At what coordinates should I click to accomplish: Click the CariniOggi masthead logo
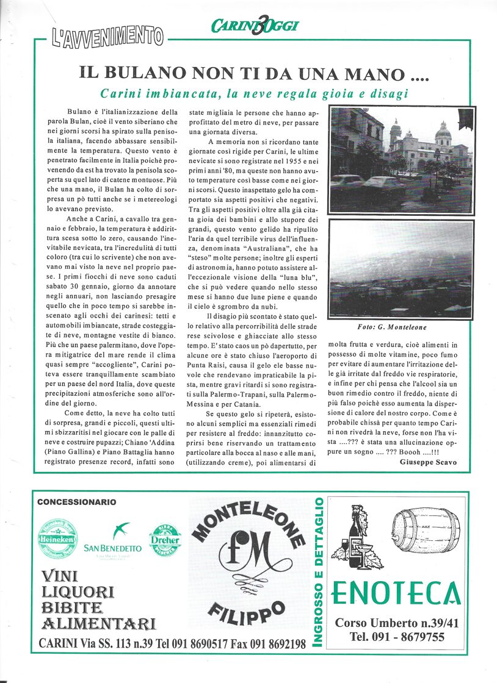point(255,26)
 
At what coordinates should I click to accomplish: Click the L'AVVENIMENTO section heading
point(107,37)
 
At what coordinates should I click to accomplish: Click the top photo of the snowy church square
point(401,160)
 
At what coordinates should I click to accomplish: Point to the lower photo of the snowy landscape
point(401,268)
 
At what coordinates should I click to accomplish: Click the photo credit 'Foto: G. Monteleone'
point(401,327)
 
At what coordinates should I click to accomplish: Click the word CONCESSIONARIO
point(76,502)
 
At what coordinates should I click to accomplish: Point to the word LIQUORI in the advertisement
point(78,592)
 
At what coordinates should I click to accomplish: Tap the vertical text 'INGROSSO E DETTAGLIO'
point(318,570)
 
